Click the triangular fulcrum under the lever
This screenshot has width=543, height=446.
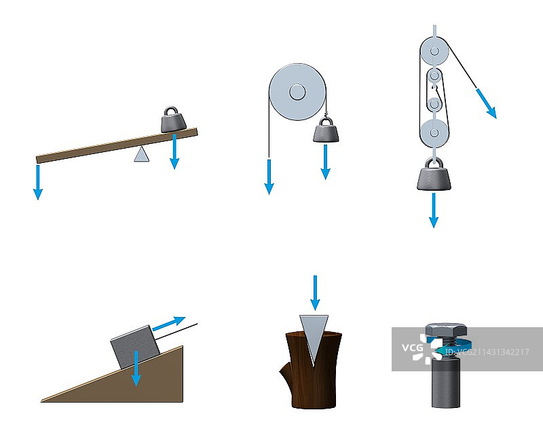pyautogui.click(x=142, y=155)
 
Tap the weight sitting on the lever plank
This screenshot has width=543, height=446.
pyautogui.click(x=174, y=119)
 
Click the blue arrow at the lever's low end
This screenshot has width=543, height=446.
pyautogui.click(x=38, y=182)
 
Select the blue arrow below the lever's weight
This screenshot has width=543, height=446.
pyautogui.click(x=174, y=151)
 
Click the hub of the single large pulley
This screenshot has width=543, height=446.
pyautogui.click(x=297, y=92)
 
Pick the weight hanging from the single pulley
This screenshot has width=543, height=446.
pyautogui.click(x=326, y=130)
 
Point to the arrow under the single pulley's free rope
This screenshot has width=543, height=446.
pyautogui.click(x=269, y=177)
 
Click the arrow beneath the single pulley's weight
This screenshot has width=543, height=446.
pyautogui.click(x=326, y=162)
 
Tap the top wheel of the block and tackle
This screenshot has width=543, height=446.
pyautogui.click(x=434, y=52)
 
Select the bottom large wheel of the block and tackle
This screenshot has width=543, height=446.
pyautogui.click(x=434, y=133)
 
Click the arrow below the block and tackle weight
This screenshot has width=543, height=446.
pyautogui.click(x=434, y=210)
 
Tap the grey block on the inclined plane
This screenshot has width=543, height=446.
pyautogui.click(x=135, y=347)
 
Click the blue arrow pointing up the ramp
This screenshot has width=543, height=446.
pyautogui.click(x=169, y=323)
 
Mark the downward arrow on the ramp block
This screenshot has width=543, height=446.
pyautogui.click(x=136, y=369)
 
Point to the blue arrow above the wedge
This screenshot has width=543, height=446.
pyautogui.click(x=315, y=293)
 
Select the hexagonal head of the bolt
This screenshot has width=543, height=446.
pyautogui.click(x=446, y=330)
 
